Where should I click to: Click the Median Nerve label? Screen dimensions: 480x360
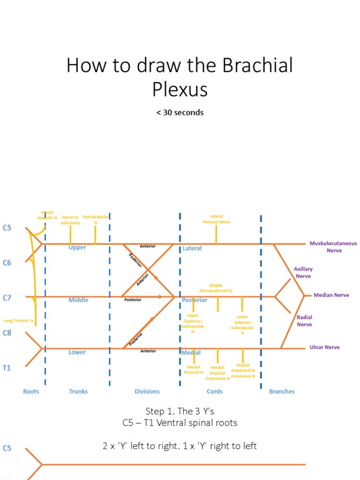tap(331, 295)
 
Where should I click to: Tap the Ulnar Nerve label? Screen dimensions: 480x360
tap(324, 347)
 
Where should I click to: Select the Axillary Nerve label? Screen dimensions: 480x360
tap(303, 272)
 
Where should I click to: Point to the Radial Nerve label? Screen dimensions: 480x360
tap(304, 321)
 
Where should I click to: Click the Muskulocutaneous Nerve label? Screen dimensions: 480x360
tap(333, 247)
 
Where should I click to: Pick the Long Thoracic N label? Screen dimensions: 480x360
tap(18, 321)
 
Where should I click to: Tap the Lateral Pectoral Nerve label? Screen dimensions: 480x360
tap(217, 219)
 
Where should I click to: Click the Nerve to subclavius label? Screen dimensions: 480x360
tap(70, 220)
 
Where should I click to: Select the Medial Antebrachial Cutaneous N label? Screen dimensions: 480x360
tap(243, 370)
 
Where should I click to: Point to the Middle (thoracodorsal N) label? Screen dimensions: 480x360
tap(216, 288)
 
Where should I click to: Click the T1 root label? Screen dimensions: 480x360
tap(7, 368)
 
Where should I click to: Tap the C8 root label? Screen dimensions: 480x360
tap(7, 332)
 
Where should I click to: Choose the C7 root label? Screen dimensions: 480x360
tap(7, 298)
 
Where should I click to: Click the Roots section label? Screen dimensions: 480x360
tap(31, 391)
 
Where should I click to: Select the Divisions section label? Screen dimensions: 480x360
tap(147, 391)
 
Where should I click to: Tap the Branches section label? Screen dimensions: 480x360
tap(282, 391)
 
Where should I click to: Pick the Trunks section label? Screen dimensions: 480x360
tap(78, 391)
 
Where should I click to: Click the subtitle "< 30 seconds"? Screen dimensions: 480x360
tap(180, 112)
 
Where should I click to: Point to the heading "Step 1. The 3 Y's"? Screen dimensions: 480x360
tap(180, 411)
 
